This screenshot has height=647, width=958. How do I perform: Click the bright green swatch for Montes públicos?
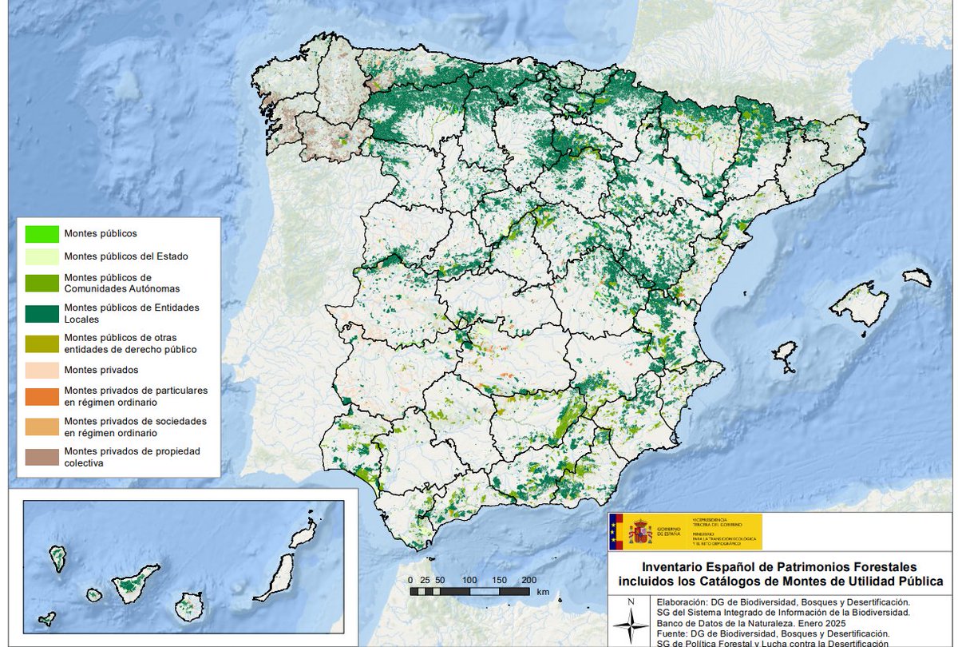42,234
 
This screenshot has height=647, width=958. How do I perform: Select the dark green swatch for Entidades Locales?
42,312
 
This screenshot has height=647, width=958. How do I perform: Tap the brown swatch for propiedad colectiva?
42,456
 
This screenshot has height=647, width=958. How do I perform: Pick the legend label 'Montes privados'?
101,370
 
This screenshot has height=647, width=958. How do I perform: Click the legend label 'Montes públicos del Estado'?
126,256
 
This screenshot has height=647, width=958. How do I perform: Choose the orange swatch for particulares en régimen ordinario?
42,395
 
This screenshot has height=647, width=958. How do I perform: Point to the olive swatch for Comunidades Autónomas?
42,282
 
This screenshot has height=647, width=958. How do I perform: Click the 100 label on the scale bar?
469,580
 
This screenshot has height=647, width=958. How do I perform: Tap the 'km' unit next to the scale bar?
544,592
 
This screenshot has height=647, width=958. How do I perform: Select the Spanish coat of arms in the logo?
640,532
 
